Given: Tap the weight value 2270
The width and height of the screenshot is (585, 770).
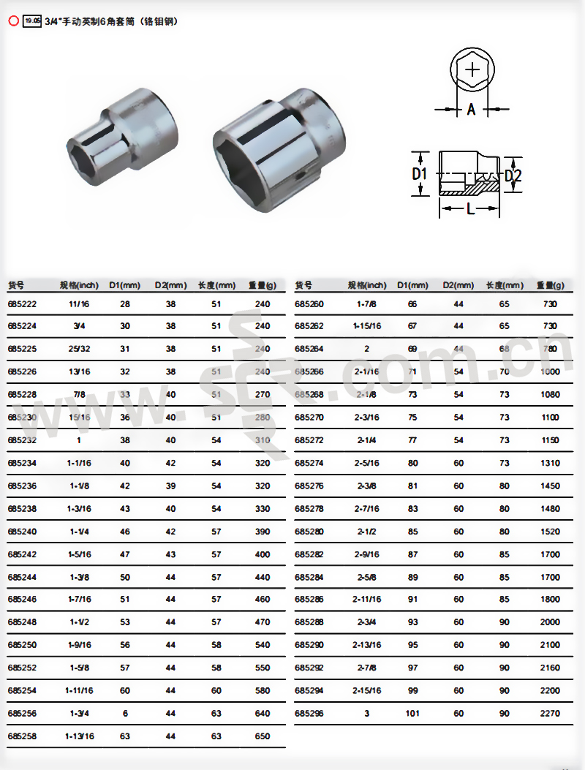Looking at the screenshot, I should click(x=550, y=713).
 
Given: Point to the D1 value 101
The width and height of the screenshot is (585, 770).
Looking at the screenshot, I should click(x=412, y=713).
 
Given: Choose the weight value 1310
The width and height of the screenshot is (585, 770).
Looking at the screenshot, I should click(x=550, y=463).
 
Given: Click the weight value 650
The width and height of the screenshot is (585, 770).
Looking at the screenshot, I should click(x=263, y=736).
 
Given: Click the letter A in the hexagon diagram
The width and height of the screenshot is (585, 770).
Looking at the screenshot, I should click(x=472, y=110).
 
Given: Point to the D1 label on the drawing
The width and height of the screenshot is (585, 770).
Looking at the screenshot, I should click(x=419, y=174).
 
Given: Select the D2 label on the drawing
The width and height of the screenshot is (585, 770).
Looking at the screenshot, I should click(x=513, y=175).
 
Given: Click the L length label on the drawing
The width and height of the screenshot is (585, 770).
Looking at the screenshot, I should click(x=471, y=210).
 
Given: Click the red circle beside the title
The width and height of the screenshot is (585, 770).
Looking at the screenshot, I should click(x=12, y=21).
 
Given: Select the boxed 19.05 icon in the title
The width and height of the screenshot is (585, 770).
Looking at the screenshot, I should click(x=31, y=21).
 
